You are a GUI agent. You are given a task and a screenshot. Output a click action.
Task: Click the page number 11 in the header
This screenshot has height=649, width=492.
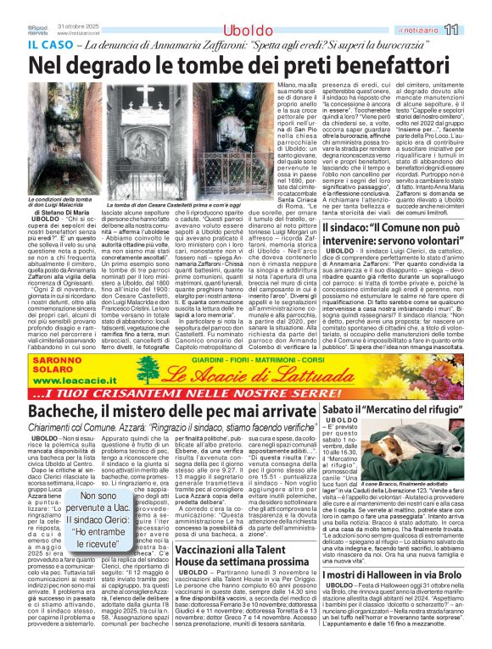coord(474,30)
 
